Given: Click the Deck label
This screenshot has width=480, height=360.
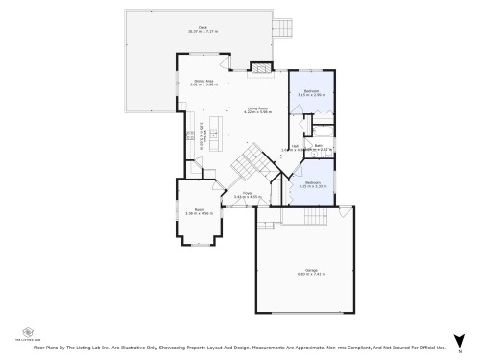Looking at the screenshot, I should (x=203, y=27).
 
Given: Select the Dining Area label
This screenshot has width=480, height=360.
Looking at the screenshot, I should (x=204, y=82).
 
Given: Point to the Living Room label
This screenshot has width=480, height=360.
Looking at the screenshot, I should (x=255, y=108).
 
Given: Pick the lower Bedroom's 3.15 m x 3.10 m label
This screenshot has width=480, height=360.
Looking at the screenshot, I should (x=314, y=186).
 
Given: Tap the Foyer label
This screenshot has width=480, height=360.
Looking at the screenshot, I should (x=247, y=193).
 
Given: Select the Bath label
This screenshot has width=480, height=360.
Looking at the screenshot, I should (x=318, y=145).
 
